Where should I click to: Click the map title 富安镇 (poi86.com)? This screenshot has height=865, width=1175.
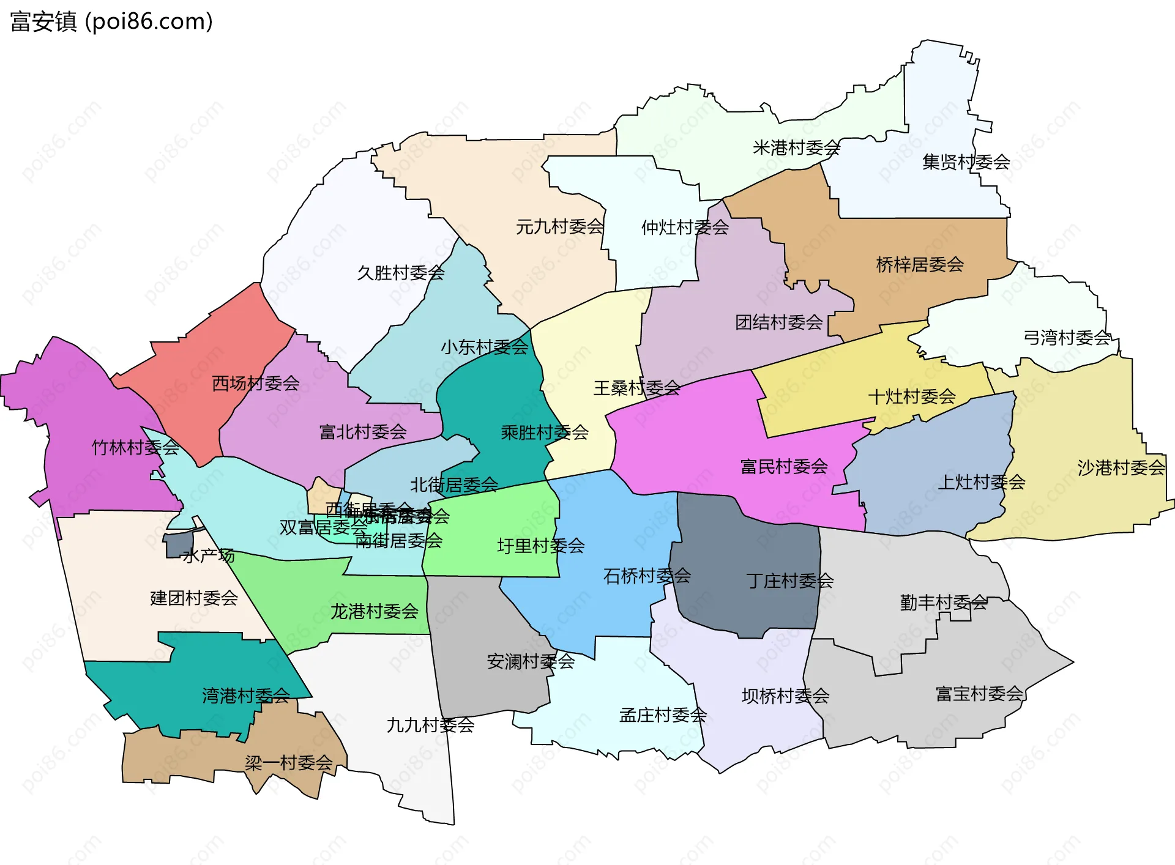click(111, 21)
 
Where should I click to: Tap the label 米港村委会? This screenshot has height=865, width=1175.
click(796, 148)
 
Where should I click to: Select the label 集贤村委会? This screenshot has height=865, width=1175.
click(966, 162)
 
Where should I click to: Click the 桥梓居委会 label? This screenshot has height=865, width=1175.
click(920, 265)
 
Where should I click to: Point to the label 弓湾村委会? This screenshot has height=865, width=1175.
click(1067, 338)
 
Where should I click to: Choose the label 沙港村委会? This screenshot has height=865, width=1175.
click(1121, 468)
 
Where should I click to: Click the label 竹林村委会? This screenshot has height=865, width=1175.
click(135, 448)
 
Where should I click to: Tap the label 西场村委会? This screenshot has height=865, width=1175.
click(256, 384)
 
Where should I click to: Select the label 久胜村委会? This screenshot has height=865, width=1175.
click(401, 273)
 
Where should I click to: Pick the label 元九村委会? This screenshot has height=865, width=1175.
click(559, 227)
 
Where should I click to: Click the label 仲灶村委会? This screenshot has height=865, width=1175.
click(685, 228)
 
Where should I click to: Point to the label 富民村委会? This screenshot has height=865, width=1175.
click(784, 467)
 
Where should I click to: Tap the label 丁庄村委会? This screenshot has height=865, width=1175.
click(789, 581)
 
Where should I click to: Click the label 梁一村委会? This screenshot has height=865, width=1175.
click(288, 763)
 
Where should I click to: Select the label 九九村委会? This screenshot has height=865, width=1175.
click(430, 726)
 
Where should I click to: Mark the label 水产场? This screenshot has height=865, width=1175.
click(209, 556)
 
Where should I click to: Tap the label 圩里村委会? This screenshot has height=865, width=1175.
click(540, 546)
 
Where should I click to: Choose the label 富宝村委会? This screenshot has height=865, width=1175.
click(979, 694)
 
